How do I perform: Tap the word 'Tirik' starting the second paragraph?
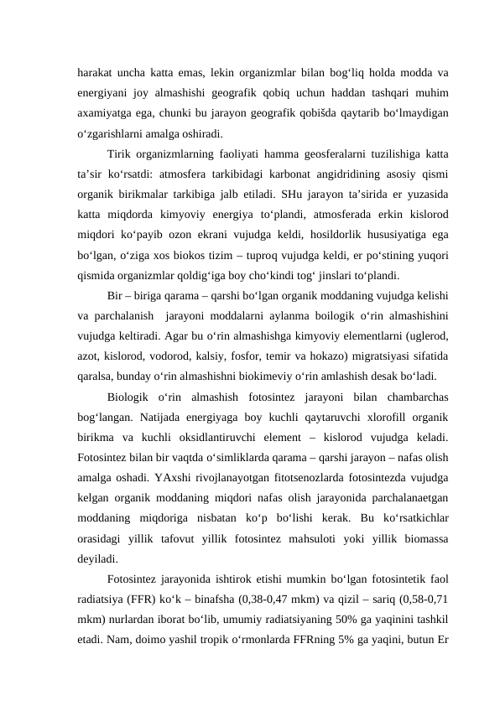(122, 153)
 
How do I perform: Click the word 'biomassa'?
(421, 556)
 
